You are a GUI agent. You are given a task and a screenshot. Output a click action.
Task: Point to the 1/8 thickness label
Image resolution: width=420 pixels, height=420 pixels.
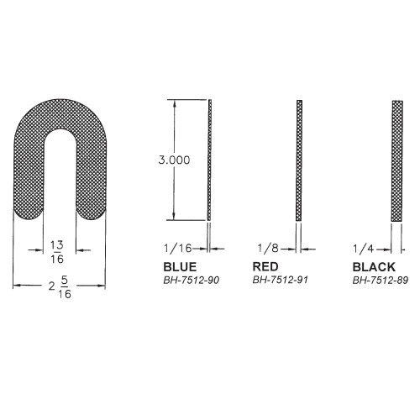[x=268, y=249]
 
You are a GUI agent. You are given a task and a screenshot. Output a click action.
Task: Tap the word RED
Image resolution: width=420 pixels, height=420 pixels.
[x=265, y=266]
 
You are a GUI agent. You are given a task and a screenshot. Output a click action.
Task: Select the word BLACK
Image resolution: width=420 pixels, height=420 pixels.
[x=372, y=266]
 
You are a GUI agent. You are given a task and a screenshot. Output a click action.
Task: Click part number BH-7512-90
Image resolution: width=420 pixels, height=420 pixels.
[x=191, y=280]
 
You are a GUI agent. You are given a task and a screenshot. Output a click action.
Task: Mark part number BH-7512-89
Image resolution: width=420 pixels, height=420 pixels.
[x=380, y=280]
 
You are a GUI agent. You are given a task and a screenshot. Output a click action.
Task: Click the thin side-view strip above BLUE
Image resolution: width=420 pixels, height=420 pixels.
[x=210, y=160]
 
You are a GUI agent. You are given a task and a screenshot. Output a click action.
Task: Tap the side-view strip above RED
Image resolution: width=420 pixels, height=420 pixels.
[x=299, y=160]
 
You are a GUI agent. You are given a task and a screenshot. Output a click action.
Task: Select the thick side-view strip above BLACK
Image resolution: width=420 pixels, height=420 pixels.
[x=396, y=160]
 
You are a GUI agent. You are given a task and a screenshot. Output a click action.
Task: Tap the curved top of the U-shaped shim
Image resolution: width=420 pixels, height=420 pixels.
[x=59, y=118]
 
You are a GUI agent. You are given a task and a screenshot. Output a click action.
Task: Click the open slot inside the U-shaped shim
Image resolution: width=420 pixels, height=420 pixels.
[x=59, y=185]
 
